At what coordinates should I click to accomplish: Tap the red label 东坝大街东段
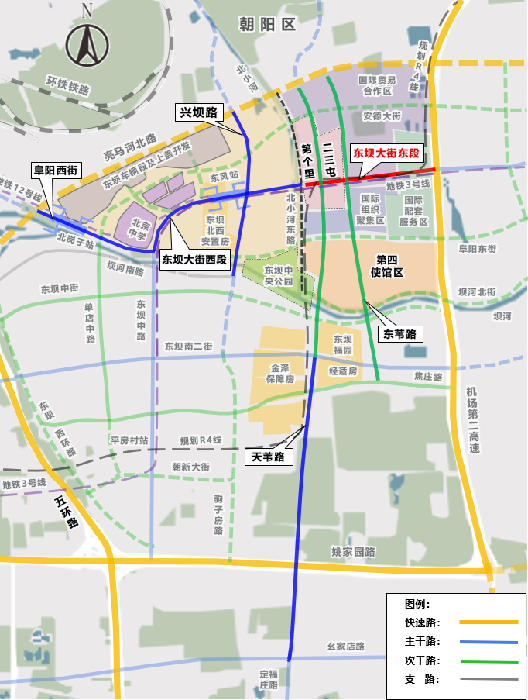coord(386,153)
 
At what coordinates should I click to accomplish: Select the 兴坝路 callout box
coord(197,113)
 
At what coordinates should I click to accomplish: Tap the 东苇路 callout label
coord(400,334)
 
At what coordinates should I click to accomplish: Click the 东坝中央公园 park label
coord(279,276)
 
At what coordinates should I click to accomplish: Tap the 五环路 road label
coord(67,512)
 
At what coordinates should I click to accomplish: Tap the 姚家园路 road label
coord(353,552)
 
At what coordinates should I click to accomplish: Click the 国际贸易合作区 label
coord(378,85)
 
